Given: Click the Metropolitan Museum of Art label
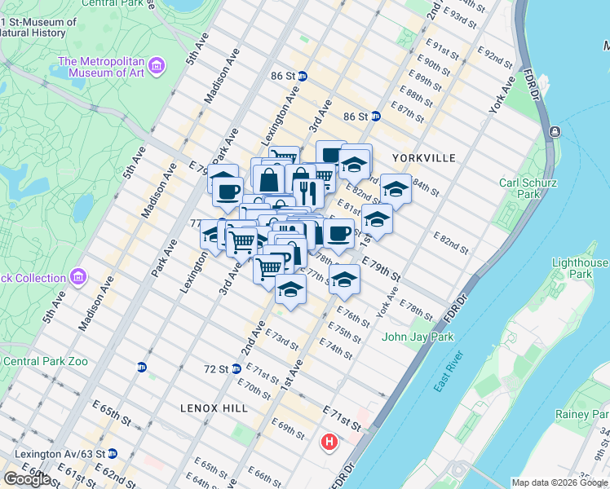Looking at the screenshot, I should (101, 68).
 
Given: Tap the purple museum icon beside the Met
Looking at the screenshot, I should (158, 64).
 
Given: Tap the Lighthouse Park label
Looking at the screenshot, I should (579, 268).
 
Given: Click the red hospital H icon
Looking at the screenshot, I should (329, 443).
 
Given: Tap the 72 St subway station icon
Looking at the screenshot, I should (236, 369).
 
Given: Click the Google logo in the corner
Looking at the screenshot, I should (27, 478).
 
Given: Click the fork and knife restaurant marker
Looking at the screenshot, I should (307, 192).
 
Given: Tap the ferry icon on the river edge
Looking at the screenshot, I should (555, 131).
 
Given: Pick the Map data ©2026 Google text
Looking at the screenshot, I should (559, 482).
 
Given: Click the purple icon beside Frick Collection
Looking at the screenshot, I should (78, 277).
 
